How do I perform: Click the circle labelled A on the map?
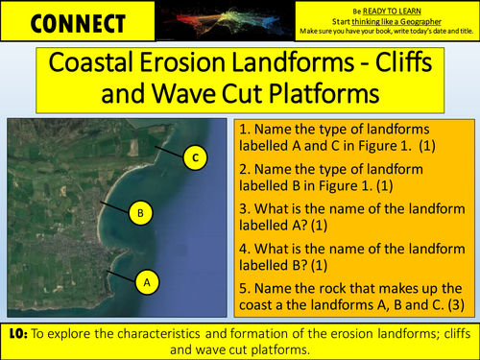147,283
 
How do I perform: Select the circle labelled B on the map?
140,212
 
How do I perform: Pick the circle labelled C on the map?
195,157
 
